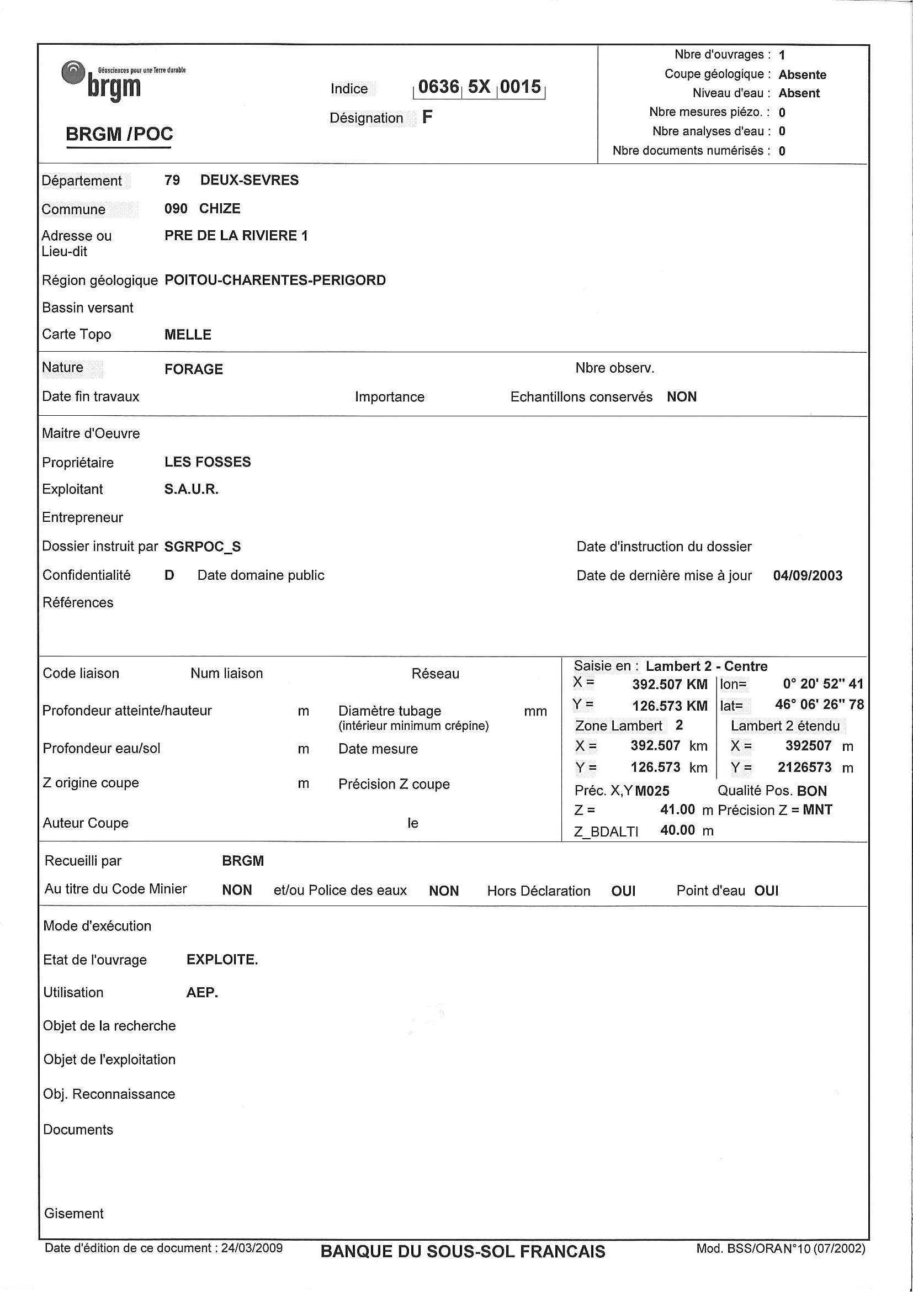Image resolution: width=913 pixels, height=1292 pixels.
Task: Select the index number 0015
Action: point(521,87)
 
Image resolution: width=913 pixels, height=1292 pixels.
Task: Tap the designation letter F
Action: point(427,117)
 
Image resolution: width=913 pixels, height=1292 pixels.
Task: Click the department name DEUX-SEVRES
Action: point(249,180)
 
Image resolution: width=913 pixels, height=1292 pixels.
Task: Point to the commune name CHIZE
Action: point(219,209)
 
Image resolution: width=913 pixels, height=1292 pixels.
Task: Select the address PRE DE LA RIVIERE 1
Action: point(236,236)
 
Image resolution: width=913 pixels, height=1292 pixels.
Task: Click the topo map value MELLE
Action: point(187,335)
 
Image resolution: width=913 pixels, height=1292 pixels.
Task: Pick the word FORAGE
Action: point(194,369)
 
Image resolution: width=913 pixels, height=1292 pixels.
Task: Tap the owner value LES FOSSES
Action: point(208,462)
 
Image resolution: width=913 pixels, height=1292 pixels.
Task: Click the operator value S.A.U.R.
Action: point(191,490)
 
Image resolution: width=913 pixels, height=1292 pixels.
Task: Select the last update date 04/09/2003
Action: point(807,576)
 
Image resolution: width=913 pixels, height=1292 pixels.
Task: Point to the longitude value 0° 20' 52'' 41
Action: point(822,684)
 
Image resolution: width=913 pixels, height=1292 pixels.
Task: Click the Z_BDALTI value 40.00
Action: point(677,830)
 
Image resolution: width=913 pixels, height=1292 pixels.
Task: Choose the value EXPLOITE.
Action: point(222,960)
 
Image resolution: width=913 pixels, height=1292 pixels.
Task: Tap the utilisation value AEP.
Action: point(202,992)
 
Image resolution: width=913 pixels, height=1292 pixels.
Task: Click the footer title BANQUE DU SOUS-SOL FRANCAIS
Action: point(463,1252)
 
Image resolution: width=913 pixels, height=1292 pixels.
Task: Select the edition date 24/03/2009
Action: point(252,1248)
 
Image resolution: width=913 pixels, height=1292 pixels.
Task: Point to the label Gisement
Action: point(74,1214)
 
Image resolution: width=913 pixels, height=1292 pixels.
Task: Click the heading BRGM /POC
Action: point(119,134)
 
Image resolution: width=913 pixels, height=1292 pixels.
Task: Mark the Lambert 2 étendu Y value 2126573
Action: point(804,767)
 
